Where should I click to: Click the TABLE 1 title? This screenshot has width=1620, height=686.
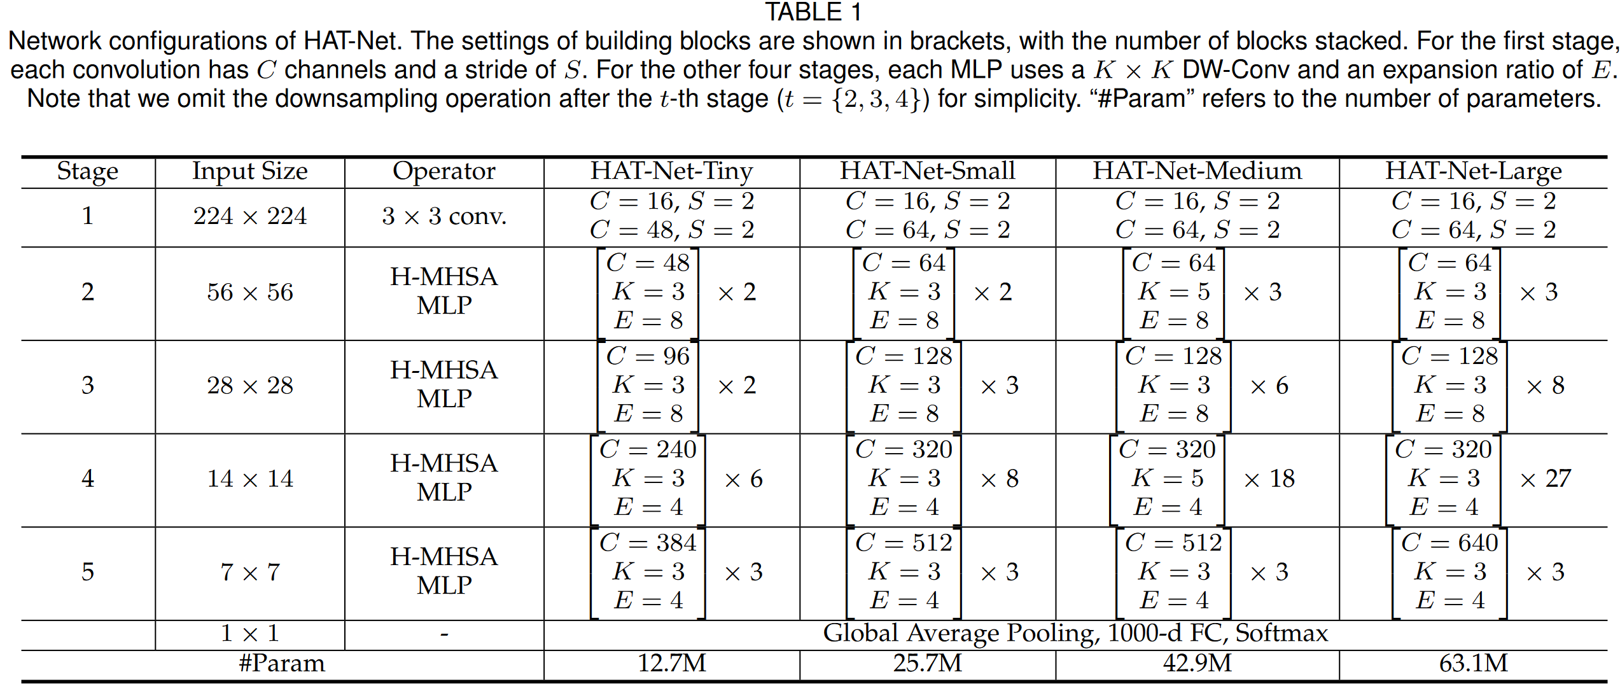coord(813,12)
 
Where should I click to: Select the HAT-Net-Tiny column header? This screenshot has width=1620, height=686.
coord(671,171)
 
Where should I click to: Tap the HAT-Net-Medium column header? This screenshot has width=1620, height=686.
coord(1197,171)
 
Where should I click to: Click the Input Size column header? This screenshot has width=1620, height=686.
coord(250,171)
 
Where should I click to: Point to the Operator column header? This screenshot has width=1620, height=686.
coord(443,171)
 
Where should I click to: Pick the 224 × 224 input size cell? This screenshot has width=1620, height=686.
coord(250,216)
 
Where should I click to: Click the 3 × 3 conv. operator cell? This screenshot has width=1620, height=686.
coord(443,216)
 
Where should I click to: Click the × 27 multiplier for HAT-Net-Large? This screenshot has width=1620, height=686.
coord(1545,479)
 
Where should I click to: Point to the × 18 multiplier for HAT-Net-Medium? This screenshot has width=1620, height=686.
coord(1269,479)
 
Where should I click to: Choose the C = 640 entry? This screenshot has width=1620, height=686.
coord(1449,543)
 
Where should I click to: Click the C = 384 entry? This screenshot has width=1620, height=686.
coord(648,543)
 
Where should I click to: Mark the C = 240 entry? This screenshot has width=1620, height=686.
coord(648,449)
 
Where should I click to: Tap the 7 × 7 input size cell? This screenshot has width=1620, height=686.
coord(250,572)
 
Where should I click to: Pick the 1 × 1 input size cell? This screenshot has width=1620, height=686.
coord(250,633)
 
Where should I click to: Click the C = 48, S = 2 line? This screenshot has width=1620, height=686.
coord(671,230)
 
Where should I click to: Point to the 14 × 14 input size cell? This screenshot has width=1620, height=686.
coord(250,479)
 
